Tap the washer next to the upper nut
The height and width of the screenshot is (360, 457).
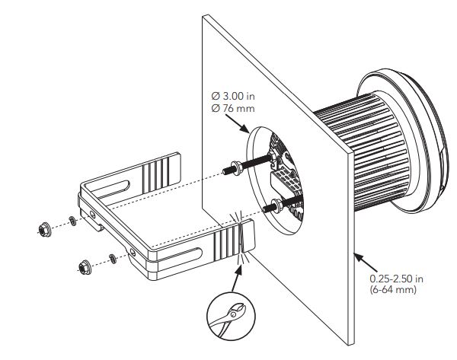(72, 221)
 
